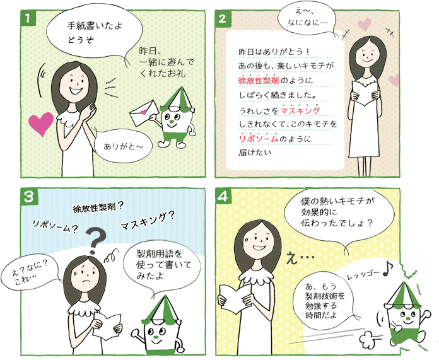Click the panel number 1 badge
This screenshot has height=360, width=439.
pos(28,18)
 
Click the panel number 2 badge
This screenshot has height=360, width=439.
pos(223,18)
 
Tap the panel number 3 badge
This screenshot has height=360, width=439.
pos(28,197)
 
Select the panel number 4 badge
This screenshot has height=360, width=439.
pos(223,197)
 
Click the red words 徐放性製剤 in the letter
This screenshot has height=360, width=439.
pos(259,81)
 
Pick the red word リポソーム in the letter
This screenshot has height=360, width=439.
pos(259,139)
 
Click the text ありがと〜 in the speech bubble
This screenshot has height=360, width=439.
pos(123,146)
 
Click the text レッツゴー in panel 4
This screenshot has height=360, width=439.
pos(363,275)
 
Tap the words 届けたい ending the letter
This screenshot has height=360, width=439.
pos(255,153)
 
